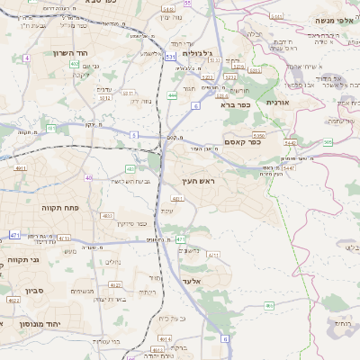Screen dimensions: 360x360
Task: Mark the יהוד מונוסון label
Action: point(41,321)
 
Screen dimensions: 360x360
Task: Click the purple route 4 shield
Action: point(27,58)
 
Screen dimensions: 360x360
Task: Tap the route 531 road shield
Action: point(170,58)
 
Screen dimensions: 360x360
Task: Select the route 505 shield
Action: point(328,141)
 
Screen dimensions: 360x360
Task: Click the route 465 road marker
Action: point(268,306)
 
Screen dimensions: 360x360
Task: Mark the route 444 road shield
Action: point(172,95)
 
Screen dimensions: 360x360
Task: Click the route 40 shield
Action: point(88,177)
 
